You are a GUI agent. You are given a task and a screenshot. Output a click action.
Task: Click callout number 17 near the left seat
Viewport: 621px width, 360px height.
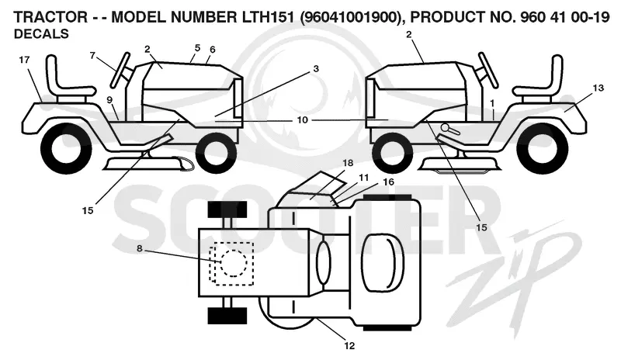(x=24, y=60)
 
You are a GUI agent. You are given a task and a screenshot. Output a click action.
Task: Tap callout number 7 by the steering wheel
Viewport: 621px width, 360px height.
(x=92, y=55)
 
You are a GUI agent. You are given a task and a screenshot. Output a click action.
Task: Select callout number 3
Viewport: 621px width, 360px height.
(x=316, y=69)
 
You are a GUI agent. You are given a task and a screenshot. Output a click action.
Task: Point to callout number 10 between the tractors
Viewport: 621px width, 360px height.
(x=302, y=119)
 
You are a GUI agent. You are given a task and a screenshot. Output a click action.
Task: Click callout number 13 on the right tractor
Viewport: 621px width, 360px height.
(x=598, y=88)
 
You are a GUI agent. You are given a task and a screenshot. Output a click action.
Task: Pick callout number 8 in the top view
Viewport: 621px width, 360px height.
(x=140, y=249)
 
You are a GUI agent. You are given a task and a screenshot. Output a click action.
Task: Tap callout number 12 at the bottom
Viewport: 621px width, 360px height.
(x=349, y=346)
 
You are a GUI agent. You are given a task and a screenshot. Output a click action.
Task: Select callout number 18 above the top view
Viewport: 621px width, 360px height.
(x=348, y=163)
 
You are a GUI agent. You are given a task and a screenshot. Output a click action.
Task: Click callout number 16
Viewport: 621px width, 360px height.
(x=389, y=182)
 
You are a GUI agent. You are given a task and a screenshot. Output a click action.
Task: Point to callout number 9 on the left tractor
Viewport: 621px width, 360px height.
(x=109, y=100)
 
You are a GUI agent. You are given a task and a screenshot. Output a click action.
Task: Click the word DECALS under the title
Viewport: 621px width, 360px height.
(x=41, y=34)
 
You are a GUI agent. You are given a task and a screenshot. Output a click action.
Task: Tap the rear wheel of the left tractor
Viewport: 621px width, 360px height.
(x=66, y=147)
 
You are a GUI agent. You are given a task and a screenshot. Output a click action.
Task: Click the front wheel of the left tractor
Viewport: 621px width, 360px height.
(x=217, y=153)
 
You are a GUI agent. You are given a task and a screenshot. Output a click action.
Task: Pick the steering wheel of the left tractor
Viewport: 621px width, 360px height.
(x=120, y=70)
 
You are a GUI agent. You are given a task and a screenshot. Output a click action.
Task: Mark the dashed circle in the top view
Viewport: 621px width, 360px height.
(x=234, y=262)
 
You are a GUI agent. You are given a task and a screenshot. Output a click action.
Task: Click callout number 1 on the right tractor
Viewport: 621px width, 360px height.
(x=492, y=104)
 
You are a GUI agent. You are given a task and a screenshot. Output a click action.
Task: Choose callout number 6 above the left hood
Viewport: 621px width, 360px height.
(x=213, y=50)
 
